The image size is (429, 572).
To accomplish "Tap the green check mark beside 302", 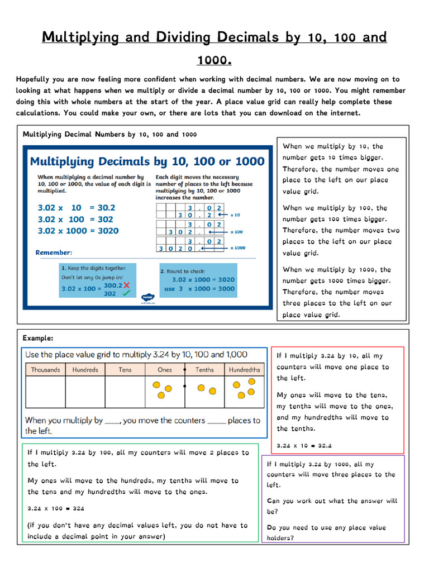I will [126, 293].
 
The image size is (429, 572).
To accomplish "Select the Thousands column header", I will [45, 370].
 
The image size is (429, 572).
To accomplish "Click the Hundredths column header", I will [244, 370].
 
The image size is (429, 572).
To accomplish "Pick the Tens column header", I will [125, 370].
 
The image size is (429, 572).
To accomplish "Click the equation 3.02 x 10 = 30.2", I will [76, 207].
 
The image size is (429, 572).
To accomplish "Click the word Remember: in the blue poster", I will [54, 252].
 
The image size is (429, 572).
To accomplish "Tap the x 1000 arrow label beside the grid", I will [238, 248].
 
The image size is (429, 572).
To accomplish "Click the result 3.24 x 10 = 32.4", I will [304, 446].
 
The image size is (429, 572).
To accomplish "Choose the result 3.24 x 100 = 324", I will [55, 509].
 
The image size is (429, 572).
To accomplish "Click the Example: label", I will [38, 338].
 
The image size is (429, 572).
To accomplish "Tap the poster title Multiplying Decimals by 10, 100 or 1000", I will [147, 161].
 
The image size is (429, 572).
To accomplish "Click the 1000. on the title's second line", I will [214, 60].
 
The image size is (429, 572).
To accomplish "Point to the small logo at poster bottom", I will [148, 298].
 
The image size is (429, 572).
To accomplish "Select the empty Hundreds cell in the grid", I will [85, 392].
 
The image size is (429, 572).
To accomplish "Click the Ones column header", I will [165, 370].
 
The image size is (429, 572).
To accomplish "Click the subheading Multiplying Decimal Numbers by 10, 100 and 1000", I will [109, 134].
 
